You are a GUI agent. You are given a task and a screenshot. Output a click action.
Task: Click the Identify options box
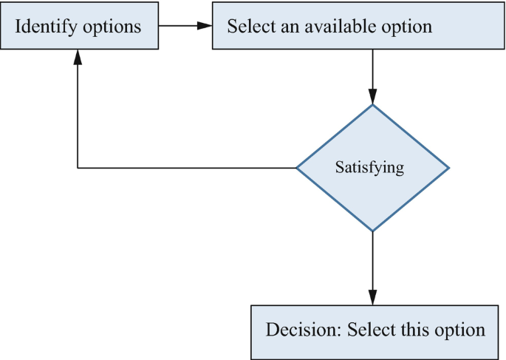pos(78,27)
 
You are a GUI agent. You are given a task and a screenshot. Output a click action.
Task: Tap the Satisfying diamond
pos(372,168)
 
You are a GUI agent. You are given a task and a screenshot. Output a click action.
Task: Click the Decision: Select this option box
pos(375,330)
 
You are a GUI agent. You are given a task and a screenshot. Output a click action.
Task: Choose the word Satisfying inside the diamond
pos(369,167)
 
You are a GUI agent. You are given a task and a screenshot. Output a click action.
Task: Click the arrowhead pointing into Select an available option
pos(205,26)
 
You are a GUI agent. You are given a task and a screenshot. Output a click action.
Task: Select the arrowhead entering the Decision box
pos(372,297)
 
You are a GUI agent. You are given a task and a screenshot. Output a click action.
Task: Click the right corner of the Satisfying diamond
pos(448,168)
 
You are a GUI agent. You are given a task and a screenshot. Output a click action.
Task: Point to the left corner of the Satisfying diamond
pos(298,168)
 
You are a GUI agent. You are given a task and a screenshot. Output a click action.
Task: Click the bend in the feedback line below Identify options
pos(78,168)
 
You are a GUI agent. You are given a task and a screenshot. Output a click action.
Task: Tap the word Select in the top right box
pos(246,27)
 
